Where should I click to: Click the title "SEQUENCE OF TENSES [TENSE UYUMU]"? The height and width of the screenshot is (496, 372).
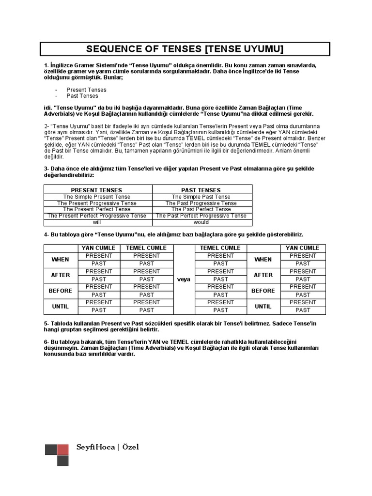click(185, 49)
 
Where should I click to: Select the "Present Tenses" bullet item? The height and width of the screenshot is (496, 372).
click(86, 90)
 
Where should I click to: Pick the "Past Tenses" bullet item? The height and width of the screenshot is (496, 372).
click(82, 96)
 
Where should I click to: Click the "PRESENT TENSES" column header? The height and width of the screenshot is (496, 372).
click(96, 190)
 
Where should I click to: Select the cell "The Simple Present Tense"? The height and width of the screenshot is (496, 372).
click(96, 197)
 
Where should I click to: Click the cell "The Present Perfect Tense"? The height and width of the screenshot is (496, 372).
click(96, 210)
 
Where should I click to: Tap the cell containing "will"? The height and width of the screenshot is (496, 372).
click(96, 222)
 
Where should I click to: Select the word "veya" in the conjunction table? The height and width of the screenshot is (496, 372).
click(184, 279)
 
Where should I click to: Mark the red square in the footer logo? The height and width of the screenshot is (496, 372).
click(62, 449)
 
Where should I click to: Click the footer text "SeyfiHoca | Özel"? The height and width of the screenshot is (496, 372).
click(108, 447)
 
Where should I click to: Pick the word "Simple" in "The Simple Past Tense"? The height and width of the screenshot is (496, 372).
click(192, 197)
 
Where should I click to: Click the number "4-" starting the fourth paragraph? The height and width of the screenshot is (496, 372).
click(46, 234)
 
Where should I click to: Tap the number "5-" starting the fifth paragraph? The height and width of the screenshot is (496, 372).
click(46, 323)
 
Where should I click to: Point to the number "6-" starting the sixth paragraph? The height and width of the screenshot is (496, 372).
click(46, 342)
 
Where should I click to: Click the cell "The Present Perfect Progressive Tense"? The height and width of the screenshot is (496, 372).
click(96, 216)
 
